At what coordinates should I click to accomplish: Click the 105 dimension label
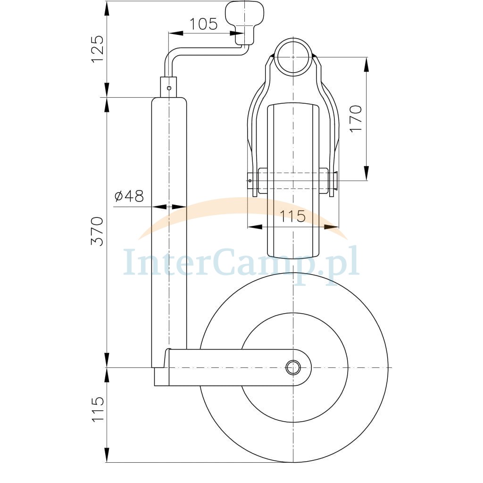tap(203, 24)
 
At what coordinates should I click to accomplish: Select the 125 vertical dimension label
tap(97, 49)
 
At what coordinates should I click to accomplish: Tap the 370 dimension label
tap(97, 231)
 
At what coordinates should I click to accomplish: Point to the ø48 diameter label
tap(129, 196)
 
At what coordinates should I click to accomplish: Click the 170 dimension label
tap(356, 119)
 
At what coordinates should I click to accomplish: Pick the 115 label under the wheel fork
tap(292, 216)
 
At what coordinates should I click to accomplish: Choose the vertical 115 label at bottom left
tap(97, 409)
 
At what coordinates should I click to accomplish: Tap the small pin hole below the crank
tap(169, 88)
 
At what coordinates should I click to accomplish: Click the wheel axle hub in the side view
tap(293, 367)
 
